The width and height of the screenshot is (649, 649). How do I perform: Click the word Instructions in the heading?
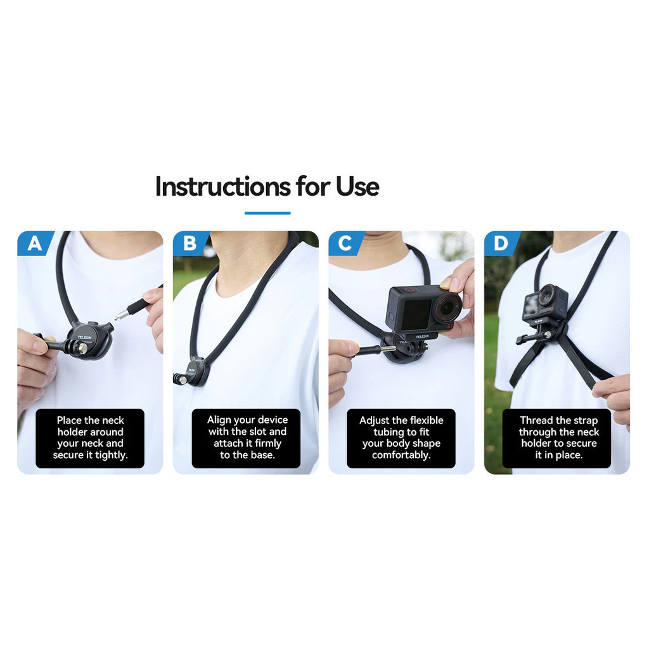pyautogui.click(x=222, y=187)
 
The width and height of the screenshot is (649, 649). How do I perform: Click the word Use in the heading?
pyautogui.click(x=357, y=187)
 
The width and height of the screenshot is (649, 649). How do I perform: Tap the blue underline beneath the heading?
pyautogui.click(x=267, y=213)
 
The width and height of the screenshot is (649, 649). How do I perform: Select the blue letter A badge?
pyautogui.click(x=35, y=243)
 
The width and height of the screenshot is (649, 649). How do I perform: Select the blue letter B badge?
pyautogui.click(x=190, y=243)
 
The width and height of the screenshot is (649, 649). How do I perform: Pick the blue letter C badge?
pyautogui.click(x=346, y=243)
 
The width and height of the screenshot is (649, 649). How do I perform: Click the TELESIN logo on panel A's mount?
pyautogui.click(x=84, y=337)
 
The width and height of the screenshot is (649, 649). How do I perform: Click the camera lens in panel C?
pyautogui.click(x=447, y=307)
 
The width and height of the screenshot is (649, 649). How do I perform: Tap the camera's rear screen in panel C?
pyautogui.click(x=416, y=314)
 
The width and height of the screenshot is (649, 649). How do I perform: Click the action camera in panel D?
pyautogui.click(x=544, y=304)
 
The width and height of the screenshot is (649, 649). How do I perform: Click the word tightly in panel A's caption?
pyautogui.click(x=112, y=455)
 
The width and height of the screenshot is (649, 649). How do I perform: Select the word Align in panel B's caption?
pyautogui.click(x=219, y=420)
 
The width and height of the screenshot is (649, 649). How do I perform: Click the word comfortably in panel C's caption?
pyautogui.click(x=401, y=455)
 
